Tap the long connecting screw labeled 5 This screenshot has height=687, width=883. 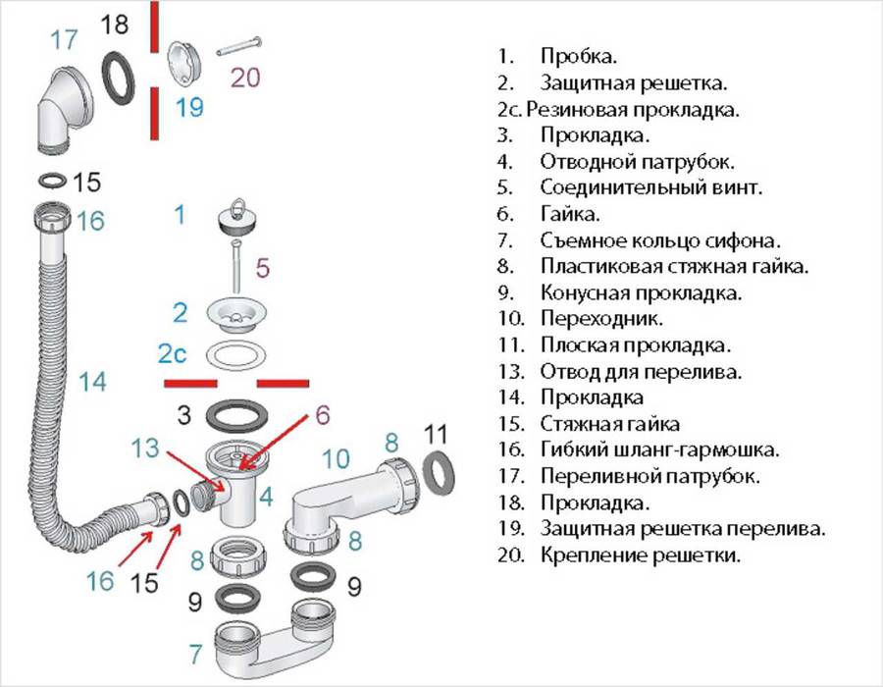point(235,266)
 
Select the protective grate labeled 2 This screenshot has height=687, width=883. point(236,317)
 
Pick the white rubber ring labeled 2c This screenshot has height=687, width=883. point(236,355)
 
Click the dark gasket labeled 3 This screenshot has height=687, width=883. point(236,416)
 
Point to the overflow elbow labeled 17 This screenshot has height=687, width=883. point(66,110)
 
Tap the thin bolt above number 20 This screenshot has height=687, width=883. point(239,46)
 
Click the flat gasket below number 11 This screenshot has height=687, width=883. point(439,472)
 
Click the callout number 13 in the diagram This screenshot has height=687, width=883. point(145,449)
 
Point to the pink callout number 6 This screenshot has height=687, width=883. point(322,415)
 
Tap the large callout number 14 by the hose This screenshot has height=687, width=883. point(92,382)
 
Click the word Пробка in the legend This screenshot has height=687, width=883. point(578,56)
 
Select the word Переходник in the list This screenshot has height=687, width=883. point(601,319)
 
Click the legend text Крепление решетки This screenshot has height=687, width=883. point(641,555)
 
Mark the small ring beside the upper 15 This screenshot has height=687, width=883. point(52,182)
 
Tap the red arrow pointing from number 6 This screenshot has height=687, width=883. point(274,442)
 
